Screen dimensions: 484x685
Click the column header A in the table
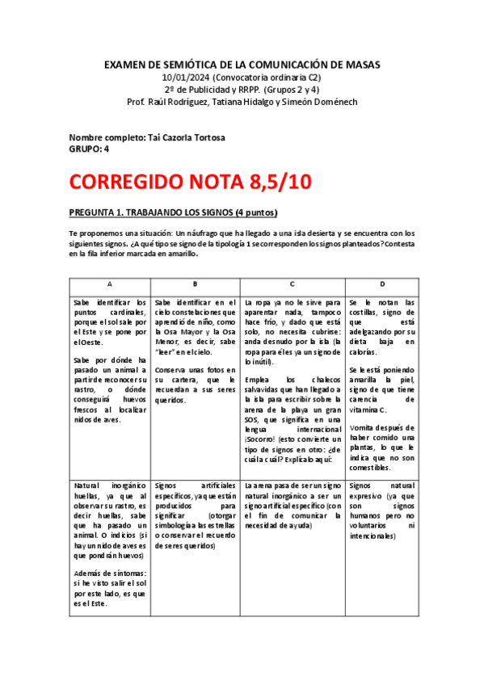[110, 284]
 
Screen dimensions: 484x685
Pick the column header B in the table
[196, 284]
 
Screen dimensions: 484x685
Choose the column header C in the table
[292, 284]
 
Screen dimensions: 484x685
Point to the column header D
[381, 284]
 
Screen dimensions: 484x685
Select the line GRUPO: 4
[89, 149]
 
